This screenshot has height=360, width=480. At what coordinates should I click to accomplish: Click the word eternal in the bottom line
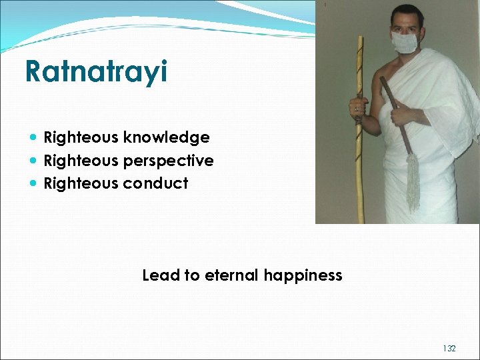coord(232,275)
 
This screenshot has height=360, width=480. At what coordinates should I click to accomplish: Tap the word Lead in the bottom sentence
coord(157,275)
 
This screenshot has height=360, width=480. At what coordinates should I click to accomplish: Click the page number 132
coord(449,349)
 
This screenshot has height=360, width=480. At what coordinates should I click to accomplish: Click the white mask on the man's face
coord(405,41)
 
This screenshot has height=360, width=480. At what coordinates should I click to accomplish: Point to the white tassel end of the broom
coord(413,181)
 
